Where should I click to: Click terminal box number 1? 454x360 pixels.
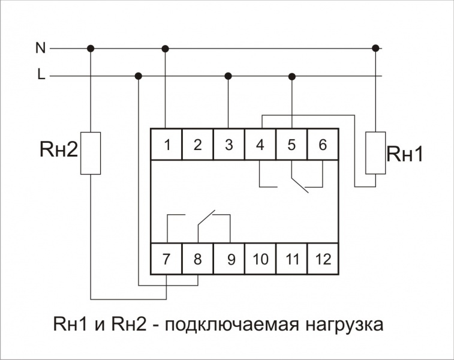(x=166, y=144)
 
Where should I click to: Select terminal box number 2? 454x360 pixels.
(x=198, y=144)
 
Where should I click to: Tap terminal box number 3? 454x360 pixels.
(x=229, y=144)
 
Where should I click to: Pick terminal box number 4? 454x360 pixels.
(x=260, y=144)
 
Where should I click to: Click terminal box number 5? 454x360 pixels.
(x=291, y=144)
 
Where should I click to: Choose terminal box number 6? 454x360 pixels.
(x=323, y=144)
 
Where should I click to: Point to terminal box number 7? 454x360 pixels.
(x=166, y=259)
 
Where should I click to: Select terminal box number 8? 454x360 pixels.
(x=198, y=259)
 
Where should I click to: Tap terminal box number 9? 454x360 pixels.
(x=229, y=259)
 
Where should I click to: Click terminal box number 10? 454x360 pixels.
(x=260, y=259)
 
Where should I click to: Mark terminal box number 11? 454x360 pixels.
(x=291, y=259)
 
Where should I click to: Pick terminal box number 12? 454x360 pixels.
(x=323, y=259)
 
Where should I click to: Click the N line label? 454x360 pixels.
(x=41, y=48)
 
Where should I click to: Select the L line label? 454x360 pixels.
(x=41, y=74)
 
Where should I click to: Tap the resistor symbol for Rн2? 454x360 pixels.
(x=91, y=153)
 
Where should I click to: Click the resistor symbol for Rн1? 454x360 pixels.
(x=375, y=153)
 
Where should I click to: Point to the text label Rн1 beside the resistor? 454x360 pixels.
(x=405, y=154)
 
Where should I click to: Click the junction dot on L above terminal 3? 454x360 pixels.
(x=228, y=76)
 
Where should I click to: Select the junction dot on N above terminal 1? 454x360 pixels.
(x=165, y=49)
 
